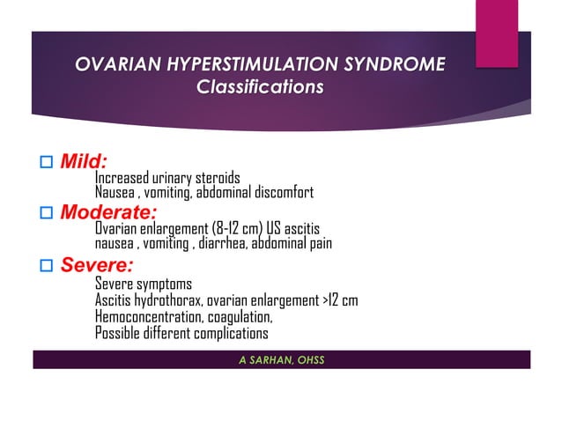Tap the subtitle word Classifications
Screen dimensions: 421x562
[x=260, y=87]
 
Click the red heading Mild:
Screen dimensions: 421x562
[x=84, y=162]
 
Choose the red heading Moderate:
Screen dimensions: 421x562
[x=108, y=212]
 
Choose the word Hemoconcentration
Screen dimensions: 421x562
[x=150, y=317]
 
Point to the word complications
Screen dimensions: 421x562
[x=224, y=333]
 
